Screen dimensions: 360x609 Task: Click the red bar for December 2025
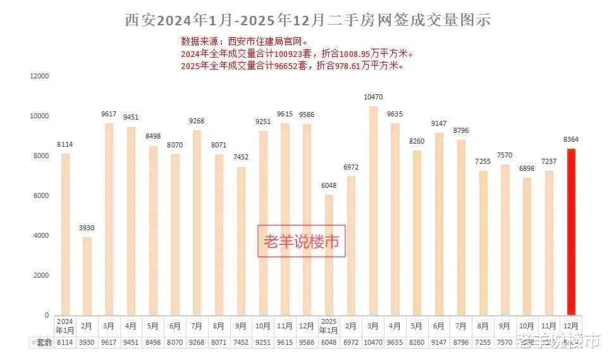pos(571,232)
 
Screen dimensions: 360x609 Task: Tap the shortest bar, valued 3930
pos(87,276)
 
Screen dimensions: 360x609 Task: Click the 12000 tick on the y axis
pos(39,76)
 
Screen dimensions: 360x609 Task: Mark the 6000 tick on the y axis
pos(40,196)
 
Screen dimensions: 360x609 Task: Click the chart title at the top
pos(307,20)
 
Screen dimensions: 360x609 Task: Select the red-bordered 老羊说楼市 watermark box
pos(302,241)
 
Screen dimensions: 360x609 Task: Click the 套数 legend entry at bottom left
pos(42,342)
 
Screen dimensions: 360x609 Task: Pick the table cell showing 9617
pos(108,342)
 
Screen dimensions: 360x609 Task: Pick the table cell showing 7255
pos(483,342)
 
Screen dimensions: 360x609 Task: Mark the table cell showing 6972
pos(351,342)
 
